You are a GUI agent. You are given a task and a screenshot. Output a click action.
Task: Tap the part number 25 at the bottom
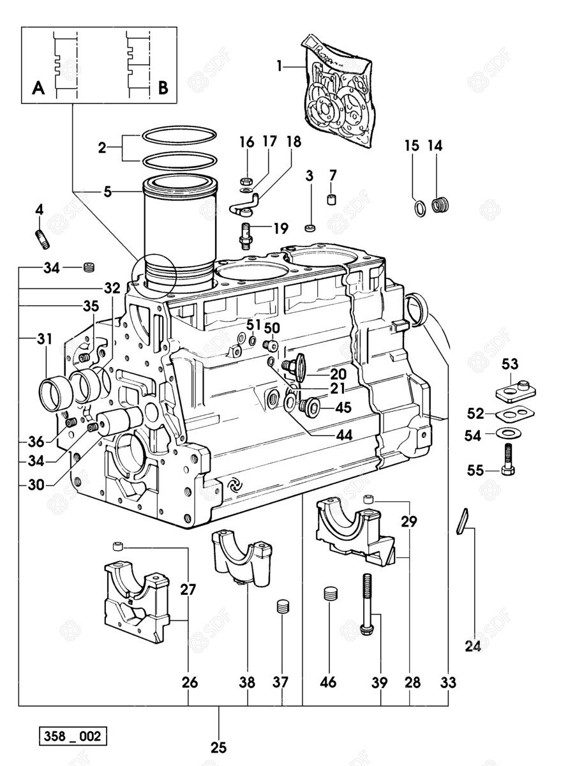[x=219, y=746]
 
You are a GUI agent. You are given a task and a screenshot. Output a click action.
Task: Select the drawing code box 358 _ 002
[x=71, y=736]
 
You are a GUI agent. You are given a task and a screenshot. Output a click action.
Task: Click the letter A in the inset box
[x=38, y=88]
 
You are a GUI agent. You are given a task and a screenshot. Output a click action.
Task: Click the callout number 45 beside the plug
[x=343, y=407]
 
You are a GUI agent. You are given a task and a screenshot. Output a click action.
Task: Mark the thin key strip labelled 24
[x=464, y=522]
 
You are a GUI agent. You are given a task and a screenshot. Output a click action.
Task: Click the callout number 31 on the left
[x=43, y=340]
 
